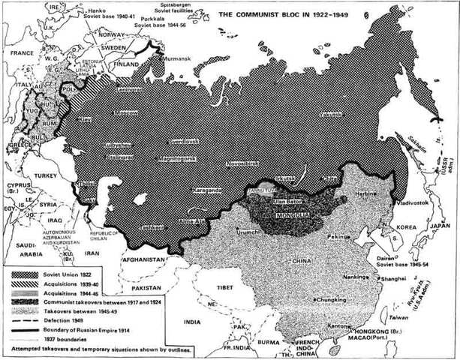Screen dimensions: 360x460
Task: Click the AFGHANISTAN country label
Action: pyautogui.click(x=141, y=260)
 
